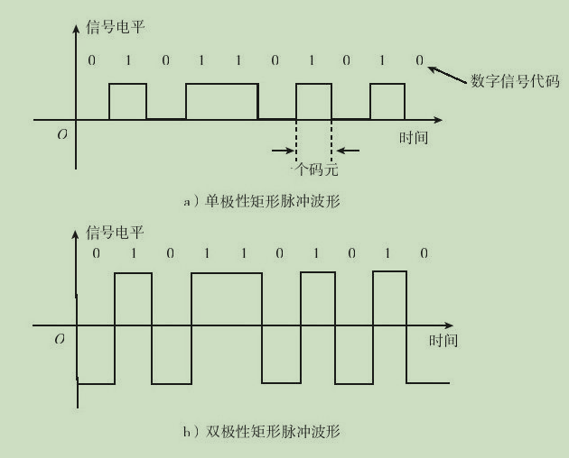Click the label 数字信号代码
coord(515,81)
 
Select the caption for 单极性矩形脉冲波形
coord(262,201)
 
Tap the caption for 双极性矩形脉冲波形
coord(262,431)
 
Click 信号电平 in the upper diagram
coord(116,27)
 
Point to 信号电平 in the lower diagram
coord(115,233)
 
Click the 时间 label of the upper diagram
coord(414,138)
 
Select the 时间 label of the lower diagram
coord(443,341)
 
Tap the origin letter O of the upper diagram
coord(62,135)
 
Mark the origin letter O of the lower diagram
coord(60,339)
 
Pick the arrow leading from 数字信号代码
coord(447,75)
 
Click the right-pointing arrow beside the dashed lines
coord(283,151)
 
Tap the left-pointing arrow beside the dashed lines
coord(348,151)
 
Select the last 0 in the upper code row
coord(419,60)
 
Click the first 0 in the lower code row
coord(96,253)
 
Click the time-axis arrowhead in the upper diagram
coord(438,120)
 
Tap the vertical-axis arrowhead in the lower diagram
coord(76,234)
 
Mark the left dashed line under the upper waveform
coord(296,142)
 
